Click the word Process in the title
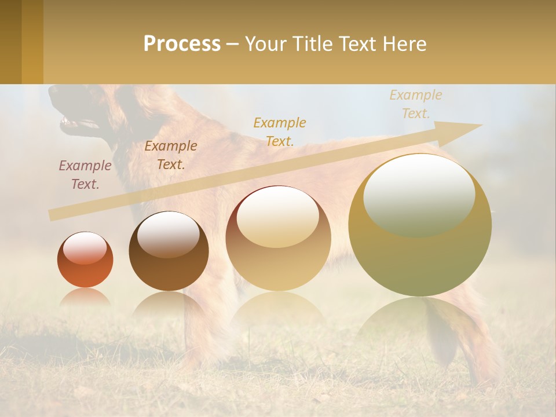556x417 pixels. [x=182, y=44]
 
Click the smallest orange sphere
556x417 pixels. [x=85, y=260]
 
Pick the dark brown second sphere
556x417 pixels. [x=169, y=251]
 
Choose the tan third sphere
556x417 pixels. [x=279, y=239]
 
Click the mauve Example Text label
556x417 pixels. [x=85, y=175]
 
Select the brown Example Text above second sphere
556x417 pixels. [x=171, y=155]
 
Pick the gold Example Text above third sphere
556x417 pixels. [x=280, y=131]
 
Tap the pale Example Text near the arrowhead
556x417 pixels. [x=415, y=104]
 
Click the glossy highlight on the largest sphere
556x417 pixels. [x=419, y=194]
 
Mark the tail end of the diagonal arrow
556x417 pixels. [x=51, y=215]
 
